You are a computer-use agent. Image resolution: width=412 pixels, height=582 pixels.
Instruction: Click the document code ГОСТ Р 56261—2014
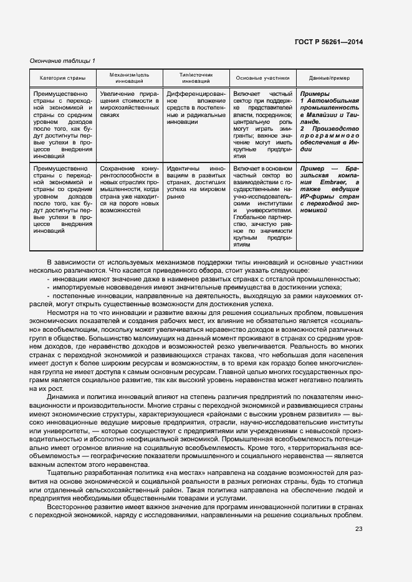click(330, 42)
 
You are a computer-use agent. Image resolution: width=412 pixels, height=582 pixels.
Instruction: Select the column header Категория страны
click(59, 78)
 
